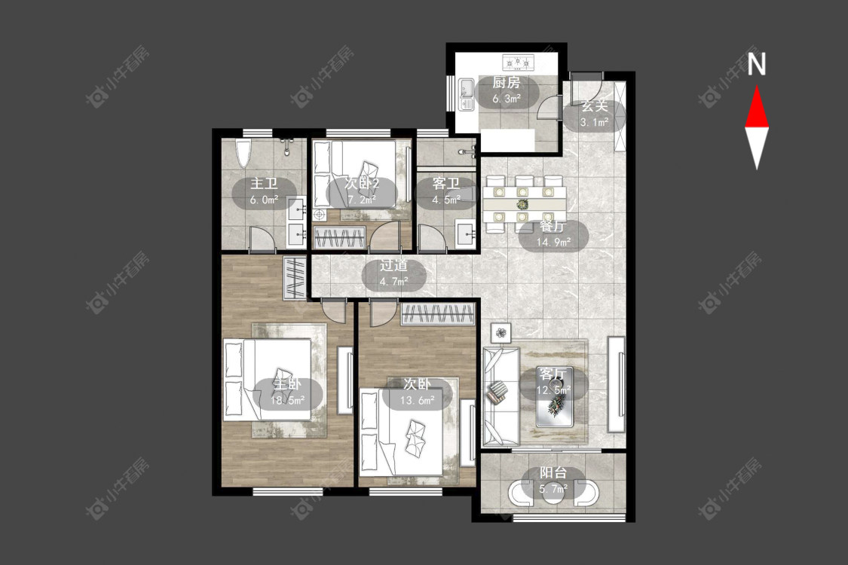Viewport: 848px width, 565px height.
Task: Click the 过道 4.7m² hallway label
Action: pyautogui.click(x=393, y=273)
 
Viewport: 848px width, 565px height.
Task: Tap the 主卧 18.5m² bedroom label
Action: pyautogui.click(x=287, y=392)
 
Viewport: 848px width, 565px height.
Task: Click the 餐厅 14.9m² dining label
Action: pyautogui.click(x=553, y=234)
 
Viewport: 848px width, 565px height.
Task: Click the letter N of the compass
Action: pyautogui.click(x=757, y=64)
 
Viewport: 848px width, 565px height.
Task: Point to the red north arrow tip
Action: pyautogui.click(x=757, y=85)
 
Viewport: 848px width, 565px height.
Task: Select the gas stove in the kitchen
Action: pyautogui.click(x=519, y=63)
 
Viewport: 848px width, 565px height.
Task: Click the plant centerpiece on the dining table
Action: pyautogui.click(x=522, y=204)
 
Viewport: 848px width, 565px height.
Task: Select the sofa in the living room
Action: pyautogui.click(x=501, y=396)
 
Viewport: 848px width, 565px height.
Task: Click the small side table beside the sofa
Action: pyautogui.click(x=501, y=332)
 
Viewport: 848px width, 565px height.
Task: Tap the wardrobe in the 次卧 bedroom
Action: pyautogui.click(x=438, y=314)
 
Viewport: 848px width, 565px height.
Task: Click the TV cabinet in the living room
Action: pyautogui.click(x=616, y=383)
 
